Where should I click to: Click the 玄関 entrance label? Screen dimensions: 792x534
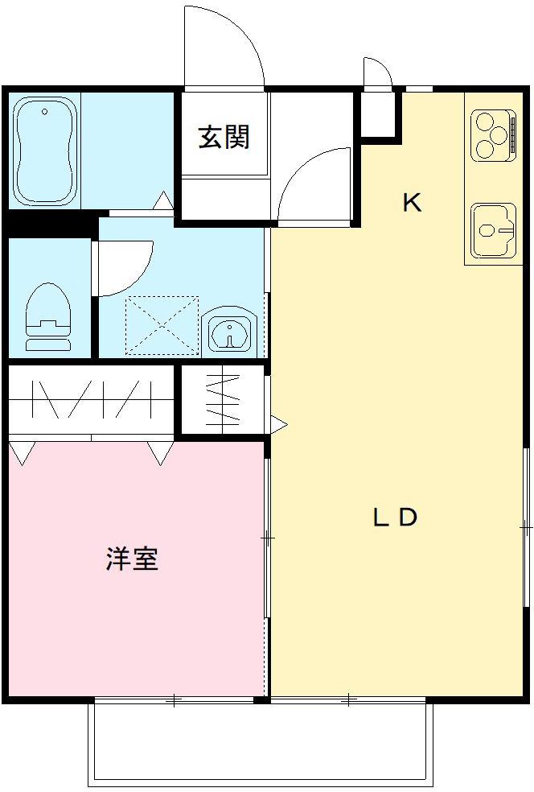(x=224, y=138)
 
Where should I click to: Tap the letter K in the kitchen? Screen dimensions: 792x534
(x=412, y=203)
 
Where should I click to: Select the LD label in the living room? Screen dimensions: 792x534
(x=394, y=518)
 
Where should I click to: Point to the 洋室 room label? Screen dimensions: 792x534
(x=132, y=559)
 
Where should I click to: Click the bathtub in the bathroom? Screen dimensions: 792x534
(x=46, y=150)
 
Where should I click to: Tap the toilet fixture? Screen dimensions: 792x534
(x=48, y=317)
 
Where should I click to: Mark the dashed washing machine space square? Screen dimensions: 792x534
(x=162, y=325)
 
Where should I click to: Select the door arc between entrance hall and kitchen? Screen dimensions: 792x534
(x=314, y=184)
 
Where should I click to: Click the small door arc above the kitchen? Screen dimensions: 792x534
(x=376, y=72)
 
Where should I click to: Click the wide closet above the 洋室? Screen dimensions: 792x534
(x=91, y=399)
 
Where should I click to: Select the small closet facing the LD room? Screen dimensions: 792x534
(x=223, y=400)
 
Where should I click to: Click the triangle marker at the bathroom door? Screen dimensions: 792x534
(x=163, y=200)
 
